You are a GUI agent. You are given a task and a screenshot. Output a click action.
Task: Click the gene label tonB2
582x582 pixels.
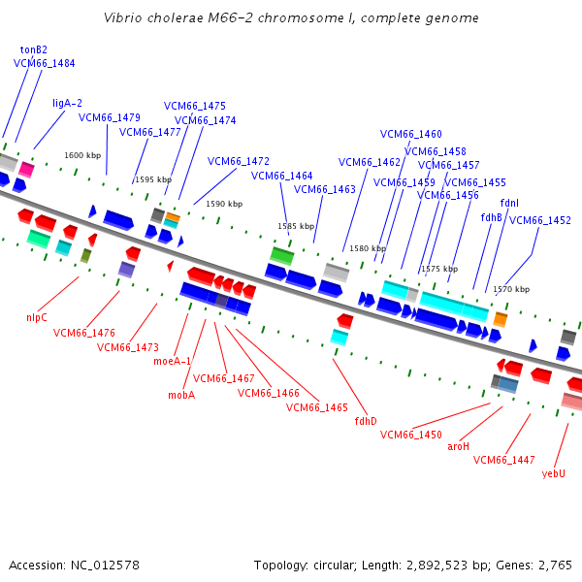(33, 49)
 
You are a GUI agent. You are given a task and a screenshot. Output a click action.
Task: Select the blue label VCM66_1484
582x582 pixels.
(45, 63)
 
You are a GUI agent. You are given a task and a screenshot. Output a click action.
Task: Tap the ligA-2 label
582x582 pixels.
(67, 103)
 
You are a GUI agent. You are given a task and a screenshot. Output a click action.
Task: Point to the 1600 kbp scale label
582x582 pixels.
(82, 155)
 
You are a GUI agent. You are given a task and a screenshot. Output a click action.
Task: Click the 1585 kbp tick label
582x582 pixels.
(296, 226)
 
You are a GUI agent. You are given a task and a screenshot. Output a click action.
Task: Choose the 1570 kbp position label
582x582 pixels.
(511, 289)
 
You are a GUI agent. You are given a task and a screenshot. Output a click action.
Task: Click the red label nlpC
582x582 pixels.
(37, 318)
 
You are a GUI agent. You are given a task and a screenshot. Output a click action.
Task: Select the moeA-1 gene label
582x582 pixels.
(172, 361)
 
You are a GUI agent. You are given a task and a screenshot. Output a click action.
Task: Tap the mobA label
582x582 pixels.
(181, 395)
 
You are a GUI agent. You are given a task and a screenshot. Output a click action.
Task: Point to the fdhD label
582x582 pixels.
(366, 421)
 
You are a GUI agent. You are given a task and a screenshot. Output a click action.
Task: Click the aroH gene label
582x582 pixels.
(459, 446)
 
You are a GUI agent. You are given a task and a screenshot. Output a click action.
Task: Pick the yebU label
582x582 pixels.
(554, 474)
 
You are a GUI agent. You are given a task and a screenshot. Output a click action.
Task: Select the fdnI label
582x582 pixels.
(509, 203)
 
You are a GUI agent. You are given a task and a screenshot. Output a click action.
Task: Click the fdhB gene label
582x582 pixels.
(491, 217)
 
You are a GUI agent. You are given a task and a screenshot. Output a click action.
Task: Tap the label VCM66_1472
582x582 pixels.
(239, 161)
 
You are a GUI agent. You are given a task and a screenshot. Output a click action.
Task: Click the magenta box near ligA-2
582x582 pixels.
(26, 170)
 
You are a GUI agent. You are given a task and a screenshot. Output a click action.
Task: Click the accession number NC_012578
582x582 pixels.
(105, 566)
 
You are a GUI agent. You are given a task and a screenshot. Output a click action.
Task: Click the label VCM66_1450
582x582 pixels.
(411, 435)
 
